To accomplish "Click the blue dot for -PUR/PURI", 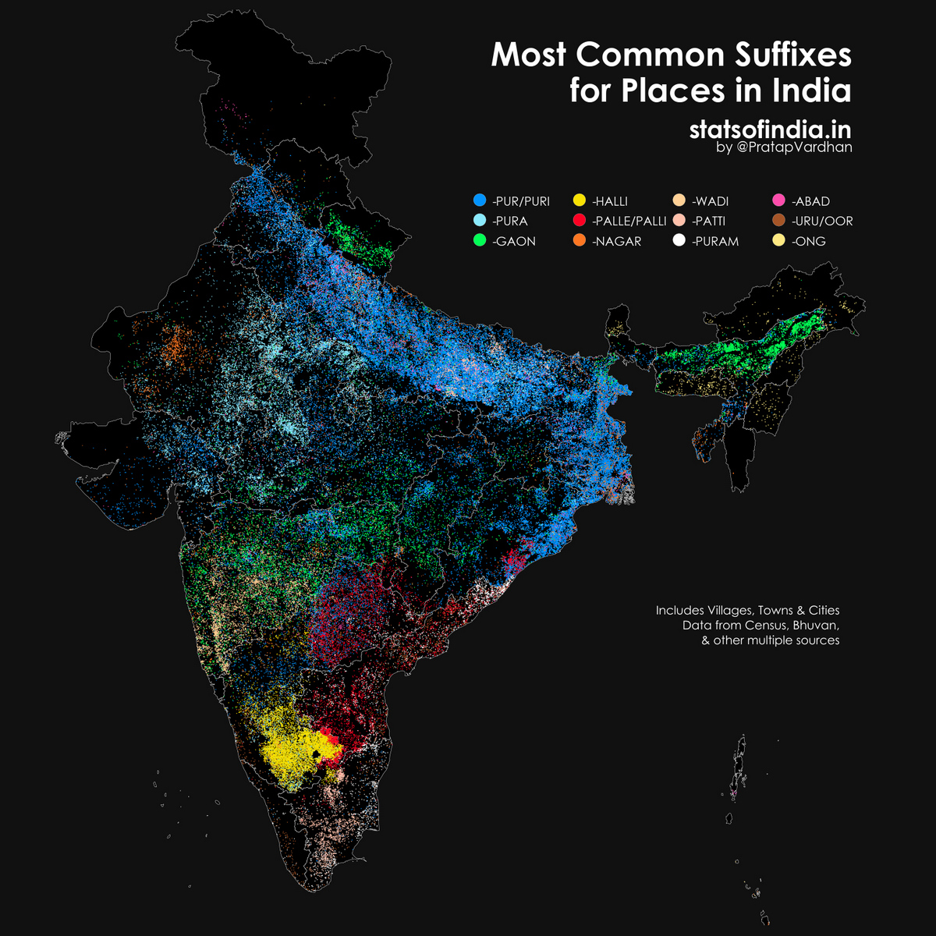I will [x=480, y=200].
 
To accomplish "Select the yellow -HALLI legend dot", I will [x=580, y=200].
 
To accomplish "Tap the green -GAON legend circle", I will [x=480, y=241].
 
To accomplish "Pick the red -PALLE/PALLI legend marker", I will [x=580, y=221].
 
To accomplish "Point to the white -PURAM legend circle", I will [x=679, y=241].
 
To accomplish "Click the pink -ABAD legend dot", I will [x=779, y=200].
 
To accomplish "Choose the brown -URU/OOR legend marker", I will [x=779, y=221].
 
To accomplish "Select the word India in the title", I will [x=811, y=90].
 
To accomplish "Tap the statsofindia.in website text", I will [x=770, y=129].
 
